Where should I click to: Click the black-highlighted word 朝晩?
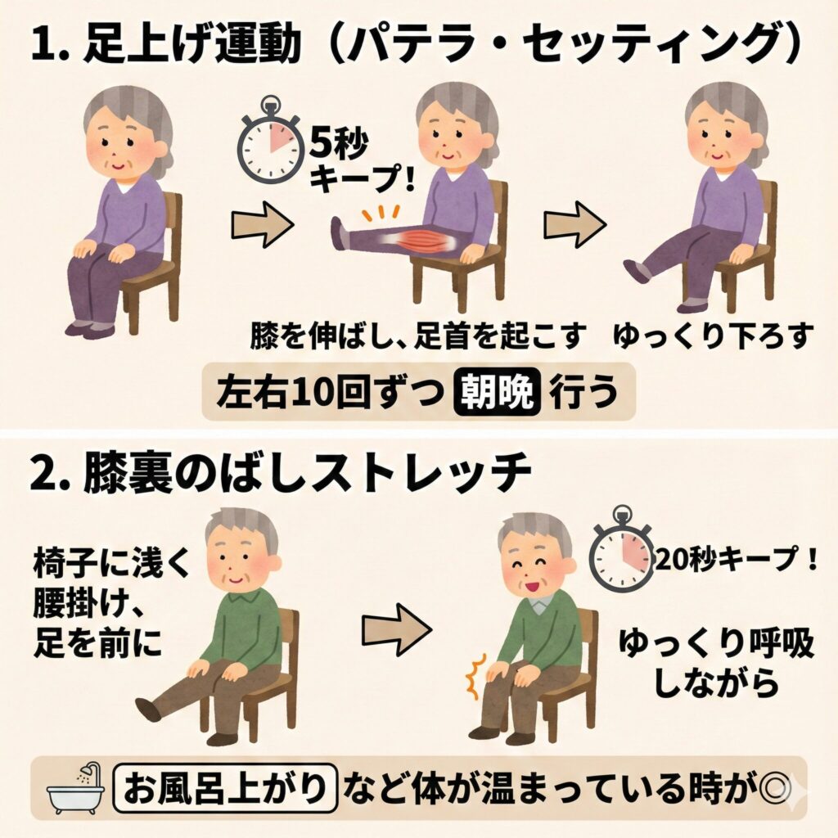[497, 392]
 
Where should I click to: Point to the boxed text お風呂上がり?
[225, 788]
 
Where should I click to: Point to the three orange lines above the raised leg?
[381, 213]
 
